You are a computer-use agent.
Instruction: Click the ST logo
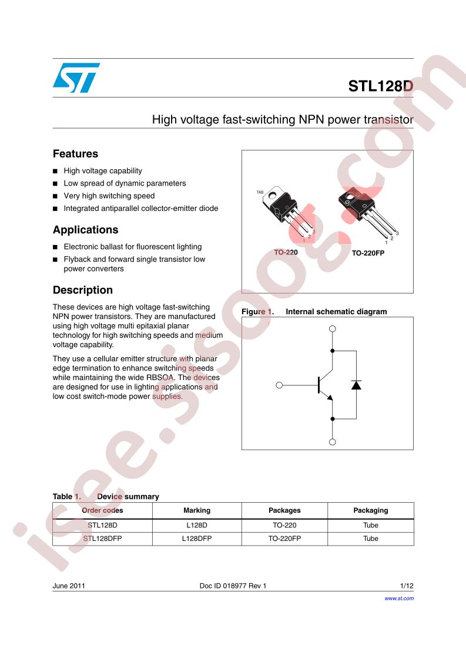[76, 78]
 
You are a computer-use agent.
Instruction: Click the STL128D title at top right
[381, 86]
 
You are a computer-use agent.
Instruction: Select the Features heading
[75, 154]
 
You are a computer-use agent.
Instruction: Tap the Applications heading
[85, 230]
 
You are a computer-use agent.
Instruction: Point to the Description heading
[82, 290]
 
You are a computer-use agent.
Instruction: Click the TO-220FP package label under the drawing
[368, 253]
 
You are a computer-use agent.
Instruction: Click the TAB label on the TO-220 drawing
[260, 193]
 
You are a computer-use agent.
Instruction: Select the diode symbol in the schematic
[356, 385]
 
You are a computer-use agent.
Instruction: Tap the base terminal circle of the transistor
[279, 385]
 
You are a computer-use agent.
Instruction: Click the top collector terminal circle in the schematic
[332, 329]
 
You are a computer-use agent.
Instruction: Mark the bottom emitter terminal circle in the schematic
[332, 442]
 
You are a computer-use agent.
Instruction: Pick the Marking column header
[197, 510]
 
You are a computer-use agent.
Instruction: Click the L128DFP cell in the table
[197, 539]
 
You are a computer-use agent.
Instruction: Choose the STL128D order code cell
[103, 525]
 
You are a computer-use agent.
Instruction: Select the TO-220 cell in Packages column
[285, 525]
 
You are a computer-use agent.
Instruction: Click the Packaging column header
[371, 510]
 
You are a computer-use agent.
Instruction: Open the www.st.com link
[399, 599]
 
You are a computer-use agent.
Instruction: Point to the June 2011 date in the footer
[69, 586]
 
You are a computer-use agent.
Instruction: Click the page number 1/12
[407, 586]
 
